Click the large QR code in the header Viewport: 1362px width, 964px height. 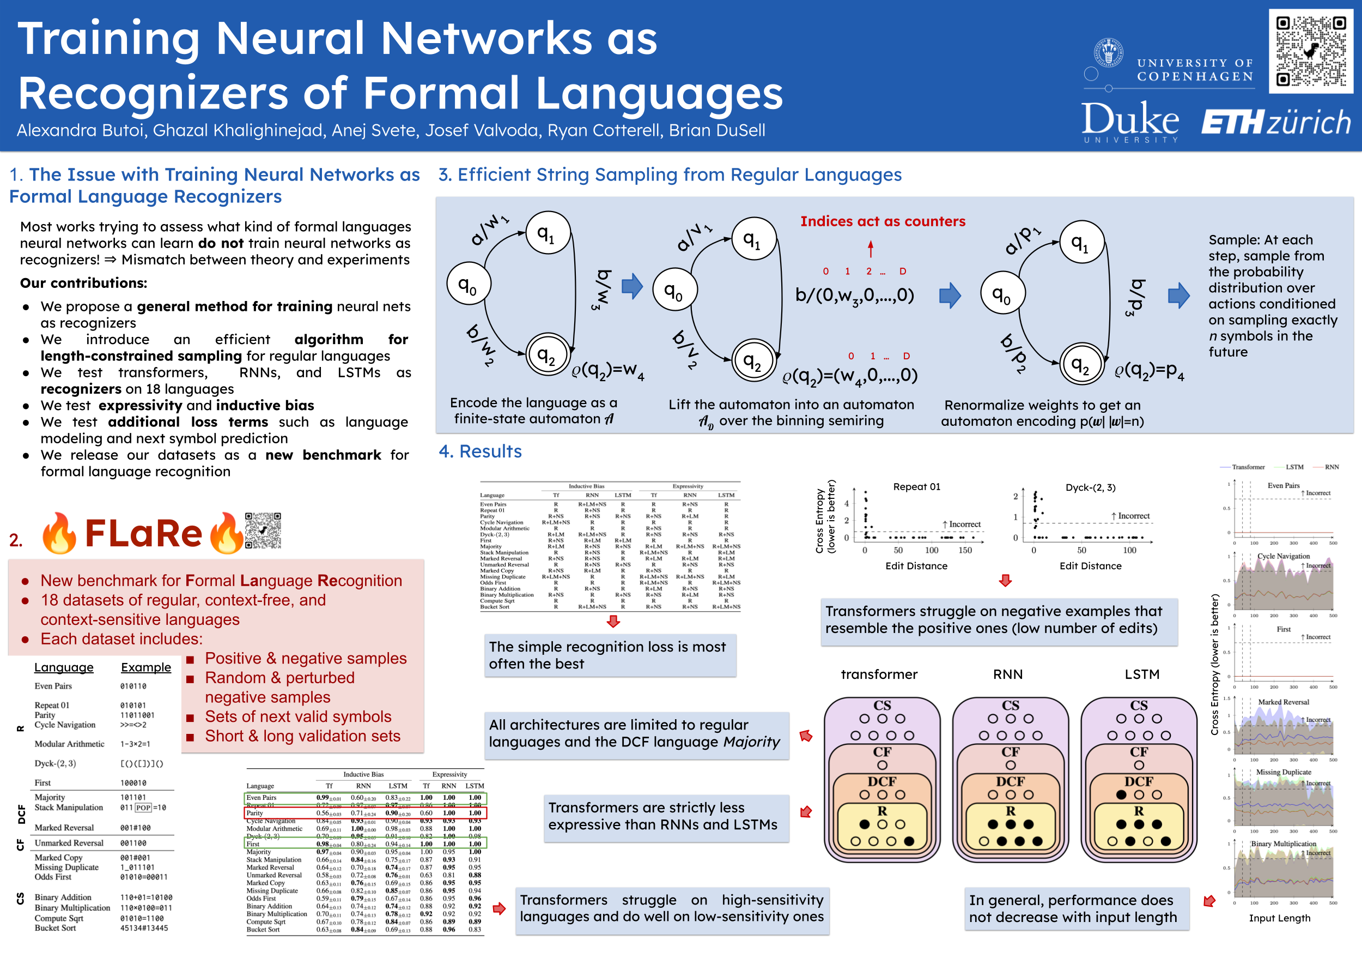coord(1310,51)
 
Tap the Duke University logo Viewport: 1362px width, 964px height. coord(1130,120)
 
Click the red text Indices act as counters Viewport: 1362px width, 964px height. coord(882,221)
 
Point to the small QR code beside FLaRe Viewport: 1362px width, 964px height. coord(263,531)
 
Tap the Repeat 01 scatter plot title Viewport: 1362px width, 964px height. coord(916,487)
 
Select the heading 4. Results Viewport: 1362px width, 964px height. coord(480,451)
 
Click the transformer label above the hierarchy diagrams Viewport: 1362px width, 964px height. coord(879,674)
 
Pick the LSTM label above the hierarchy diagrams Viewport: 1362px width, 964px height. coord(1141,674)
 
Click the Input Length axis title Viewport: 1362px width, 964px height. coord(1279,918)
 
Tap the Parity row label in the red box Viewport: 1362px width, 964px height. coord(254,813)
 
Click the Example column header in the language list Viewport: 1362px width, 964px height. coord(145,667)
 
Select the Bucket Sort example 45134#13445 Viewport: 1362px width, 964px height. coord(144,929)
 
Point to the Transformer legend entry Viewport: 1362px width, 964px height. coord(1248,467)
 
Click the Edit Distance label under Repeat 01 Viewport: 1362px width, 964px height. coord(916,567)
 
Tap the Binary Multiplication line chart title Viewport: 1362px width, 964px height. coord(1283,843)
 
